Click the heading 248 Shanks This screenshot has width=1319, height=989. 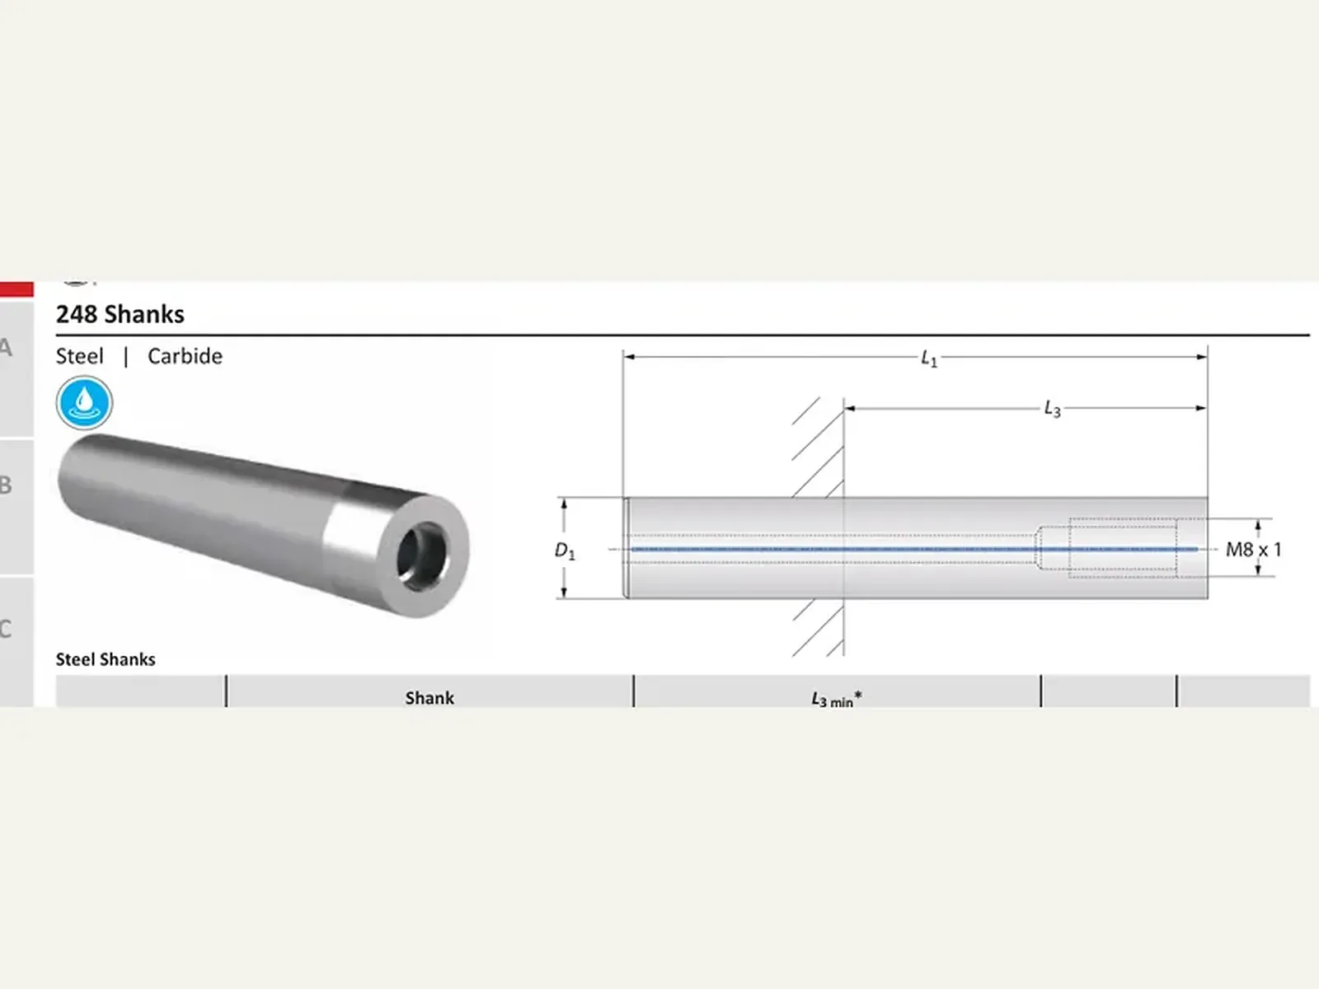pyautogui.click(x=120, y=314)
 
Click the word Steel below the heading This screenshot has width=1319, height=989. pyautogui.click(x=80, y=356)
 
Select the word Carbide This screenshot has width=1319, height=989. pyautogui.click(x=185, y=356)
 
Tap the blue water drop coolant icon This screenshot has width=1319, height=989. pyautogui.click(x=84, y=402)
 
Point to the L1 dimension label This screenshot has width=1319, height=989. pyautogui.click(x=929, y=359)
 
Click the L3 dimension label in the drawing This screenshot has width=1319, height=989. pyautogui.click(x=1052, y=409)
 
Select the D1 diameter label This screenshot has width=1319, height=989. pyautogui.click(x=564, y=550)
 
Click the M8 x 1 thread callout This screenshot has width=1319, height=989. pyautogui.click(x=1254, y=550)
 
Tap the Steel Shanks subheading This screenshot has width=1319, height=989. pyautogui.click(x=106, y=659)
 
